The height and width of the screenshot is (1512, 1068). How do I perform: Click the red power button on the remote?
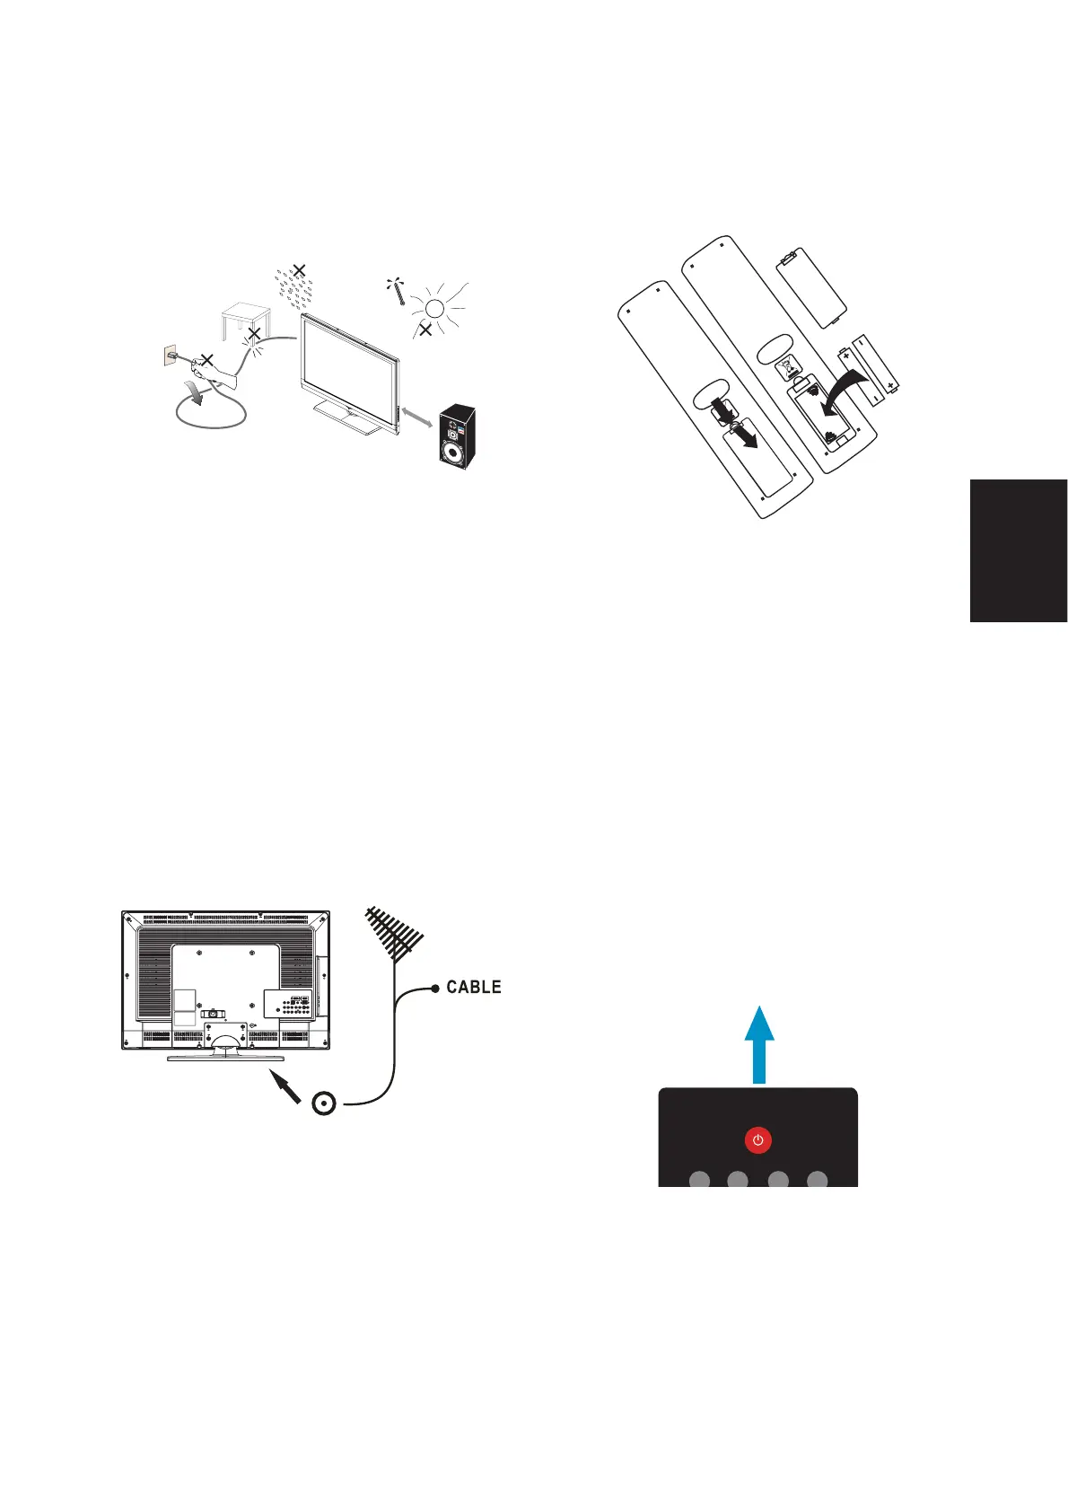pos(758,1140)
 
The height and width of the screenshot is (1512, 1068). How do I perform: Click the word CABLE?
pos(474,987)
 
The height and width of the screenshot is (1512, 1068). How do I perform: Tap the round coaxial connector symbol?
pos(324,1103)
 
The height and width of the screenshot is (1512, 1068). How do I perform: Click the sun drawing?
pos(435,308)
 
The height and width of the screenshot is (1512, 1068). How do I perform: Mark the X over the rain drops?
pos(300,269)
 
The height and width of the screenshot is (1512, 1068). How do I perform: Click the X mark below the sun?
pos(425,330)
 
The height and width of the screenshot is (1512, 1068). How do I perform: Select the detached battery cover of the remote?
pos(810,288)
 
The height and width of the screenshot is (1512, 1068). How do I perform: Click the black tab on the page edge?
pos(1018,550)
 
